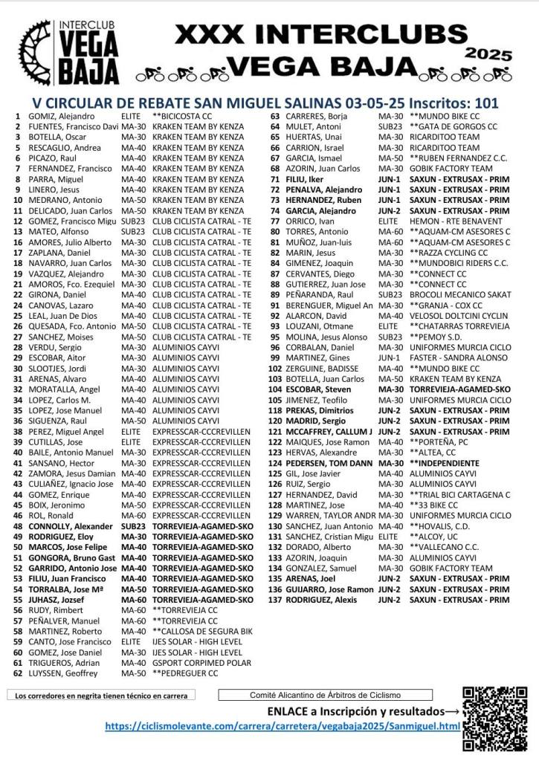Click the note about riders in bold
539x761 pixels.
[100, 696]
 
